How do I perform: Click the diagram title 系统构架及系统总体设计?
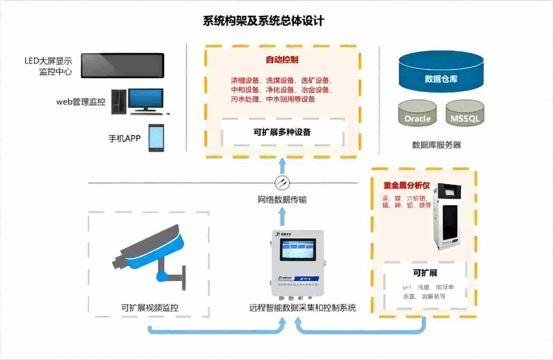click(263, 21)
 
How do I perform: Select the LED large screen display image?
click(122, 66)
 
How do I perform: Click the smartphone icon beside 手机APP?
click(156, 138)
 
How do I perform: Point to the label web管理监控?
click(81, 102)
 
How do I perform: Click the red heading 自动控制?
click(282, 60)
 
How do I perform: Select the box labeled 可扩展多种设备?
click(282, 132)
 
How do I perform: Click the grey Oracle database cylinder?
click(417, 114)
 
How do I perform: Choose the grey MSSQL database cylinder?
click(465, 114)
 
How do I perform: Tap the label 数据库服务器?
click(436, 145)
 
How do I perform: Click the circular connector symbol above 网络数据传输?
click(282, 182)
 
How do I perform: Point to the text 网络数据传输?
click(282, 200)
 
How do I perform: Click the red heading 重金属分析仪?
click(406, 186)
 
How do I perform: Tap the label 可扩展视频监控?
click(150, 307)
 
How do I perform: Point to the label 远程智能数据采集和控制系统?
click(303, 307)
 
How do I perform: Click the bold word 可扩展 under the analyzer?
click(425, 273)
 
